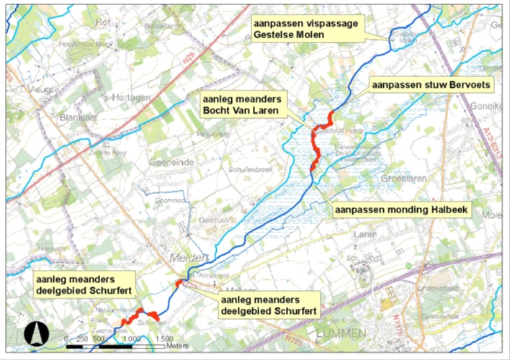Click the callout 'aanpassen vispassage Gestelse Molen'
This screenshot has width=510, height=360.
[305, 29]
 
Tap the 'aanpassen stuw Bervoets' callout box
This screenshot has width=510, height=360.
[431, 85]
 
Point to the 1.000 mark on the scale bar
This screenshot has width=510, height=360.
[130, 339]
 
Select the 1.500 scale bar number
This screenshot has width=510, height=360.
[163, 339]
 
